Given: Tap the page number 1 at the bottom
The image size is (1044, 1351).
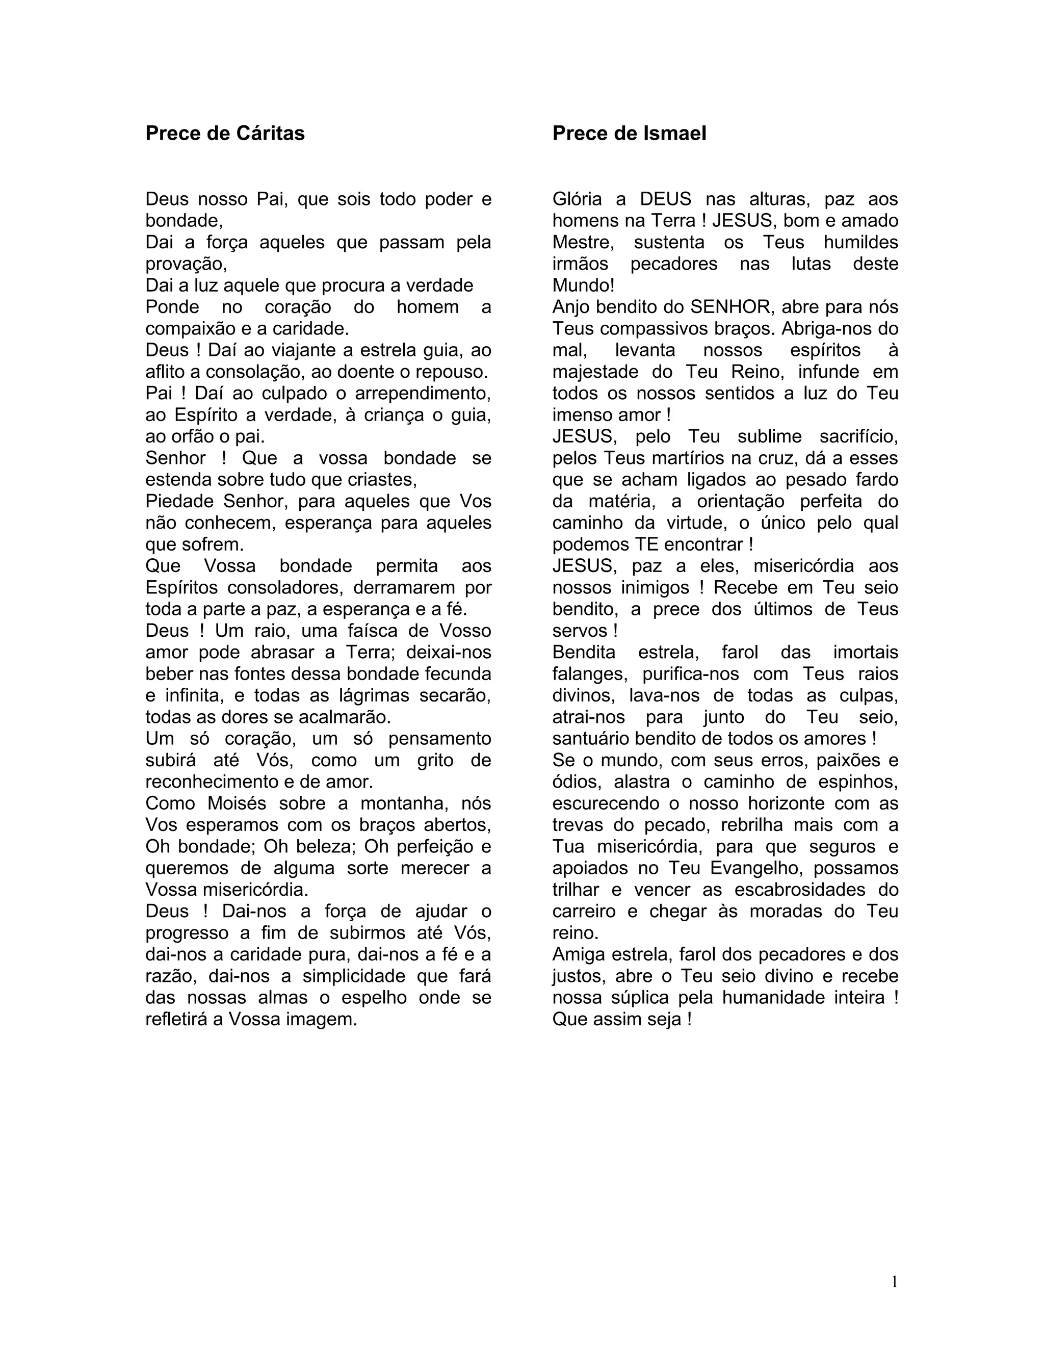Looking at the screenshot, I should (894, 1282).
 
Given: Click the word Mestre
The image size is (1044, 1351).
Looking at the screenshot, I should (582, 243).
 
